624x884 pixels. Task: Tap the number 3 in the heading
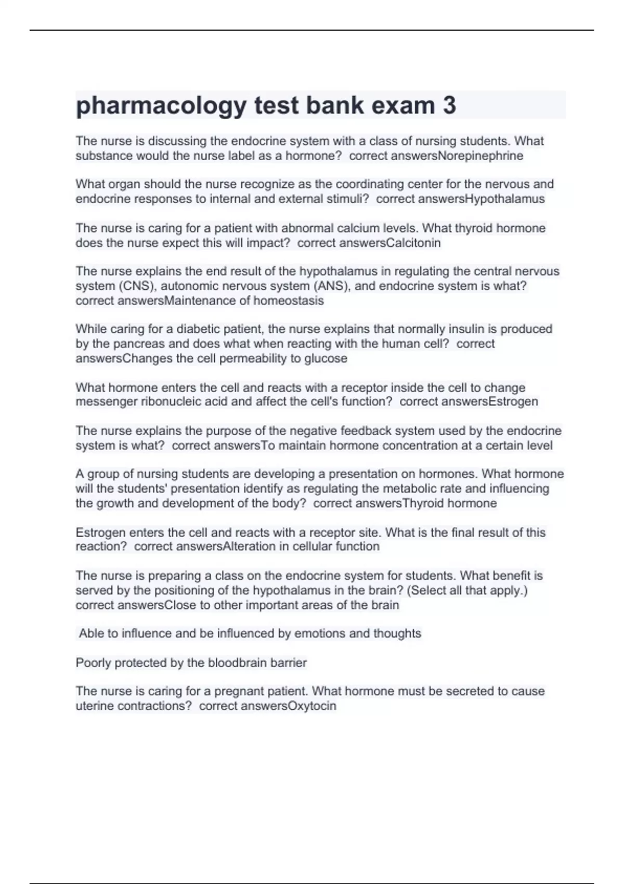coord(449,105)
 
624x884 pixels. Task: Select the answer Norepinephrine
coord(480,156)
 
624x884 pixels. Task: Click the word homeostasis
coord(289,301)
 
